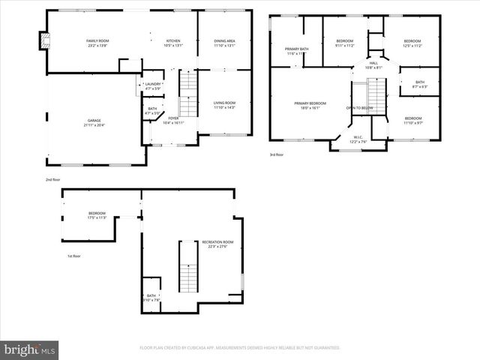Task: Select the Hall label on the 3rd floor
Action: [x=373, y=65]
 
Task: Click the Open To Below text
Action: [x=360, y=108]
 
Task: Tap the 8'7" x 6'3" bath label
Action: [x=419, y=84]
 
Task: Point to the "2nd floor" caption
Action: [x=53, y=180]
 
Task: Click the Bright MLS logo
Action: [x=30, y=349]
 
